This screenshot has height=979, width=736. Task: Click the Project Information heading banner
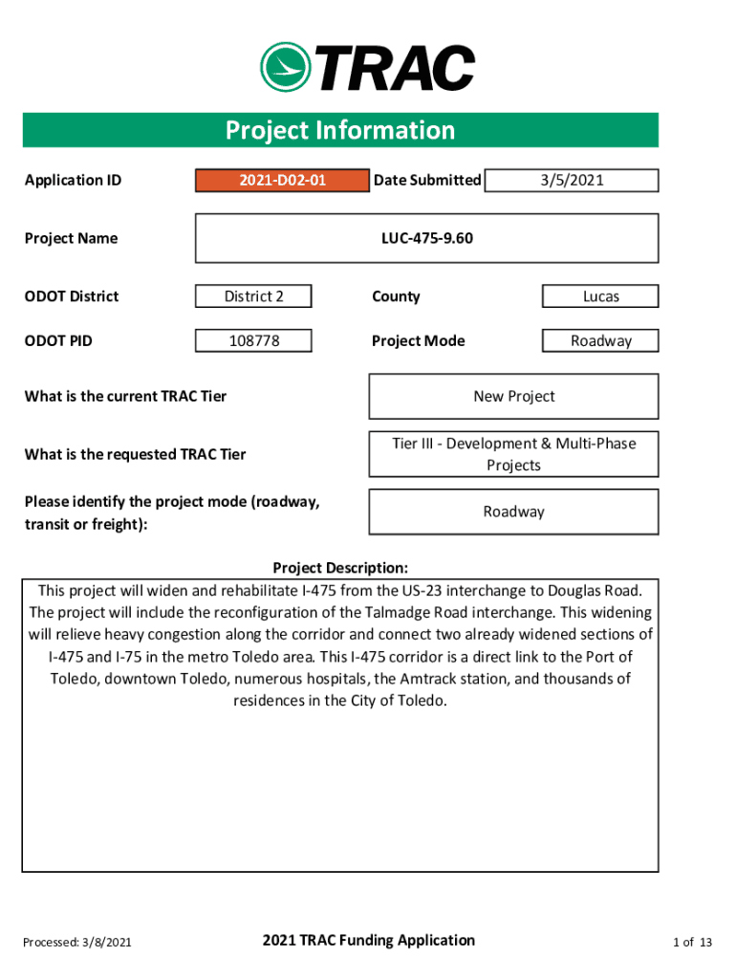coord(340,130)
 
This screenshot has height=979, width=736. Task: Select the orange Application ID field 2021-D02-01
coord(282,180)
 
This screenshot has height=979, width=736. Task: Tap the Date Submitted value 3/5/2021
coord(572,180)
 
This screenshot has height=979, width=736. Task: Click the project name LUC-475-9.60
coord(426,238)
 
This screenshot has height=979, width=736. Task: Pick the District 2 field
coord(253,296)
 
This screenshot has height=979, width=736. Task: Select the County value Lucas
coord(600,296)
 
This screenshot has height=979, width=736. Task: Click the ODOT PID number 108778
coord(253,340)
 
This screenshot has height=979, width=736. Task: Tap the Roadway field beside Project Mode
coord(600,340)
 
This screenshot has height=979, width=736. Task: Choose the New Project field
coord(513,396)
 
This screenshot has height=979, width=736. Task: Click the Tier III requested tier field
coord(513,454)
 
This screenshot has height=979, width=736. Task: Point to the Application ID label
coord(73,180)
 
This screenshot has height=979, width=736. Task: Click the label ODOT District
coord(72,296)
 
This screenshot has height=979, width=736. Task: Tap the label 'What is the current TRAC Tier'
coord(125,396)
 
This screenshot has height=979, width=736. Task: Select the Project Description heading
coord(340,568)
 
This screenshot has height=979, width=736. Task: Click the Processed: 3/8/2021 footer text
coord(77,943)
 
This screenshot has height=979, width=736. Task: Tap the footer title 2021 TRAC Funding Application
coord(368,941)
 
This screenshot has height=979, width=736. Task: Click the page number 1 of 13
coord(692,943)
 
